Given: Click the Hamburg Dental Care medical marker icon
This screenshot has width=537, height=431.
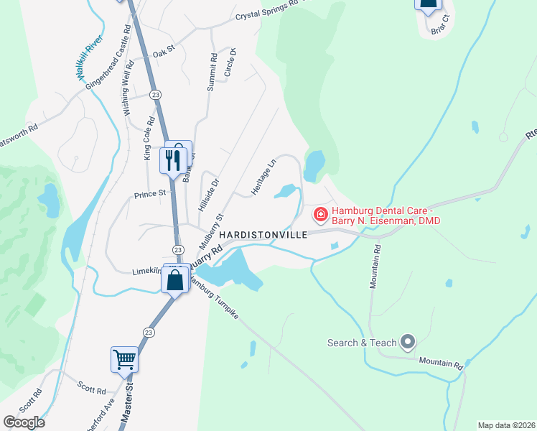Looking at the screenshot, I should pyautogui.click(x=320, y=214).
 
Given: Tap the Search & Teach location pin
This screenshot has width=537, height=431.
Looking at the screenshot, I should pyautogui.click(x=408, y=342).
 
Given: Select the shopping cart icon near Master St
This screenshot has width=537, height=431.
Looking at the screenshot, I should pyautogui.click(x=124, y=359).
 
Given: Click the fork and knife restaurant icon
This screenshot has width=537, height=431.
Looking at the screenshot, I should pyautogui.click(x=173, y=159).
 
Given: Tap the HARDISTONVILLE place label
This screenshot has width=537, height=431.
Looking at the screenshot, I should pyautogui.click(x=263, y=235).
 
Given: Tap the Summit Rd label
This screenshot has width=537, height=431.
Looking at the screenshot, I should pyautogui.click(x=212, y=73).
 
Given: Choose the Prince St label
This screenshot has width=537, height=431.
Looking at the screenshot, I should pyautogui.click(x=149, y=193).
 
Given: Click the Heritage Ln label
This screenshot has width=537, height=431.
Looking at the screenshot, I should pyautogui.click(x=263, y=176).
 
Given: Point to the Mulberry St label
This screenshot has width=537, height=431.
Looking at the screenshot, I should pyautogui.click(x=211, y=231).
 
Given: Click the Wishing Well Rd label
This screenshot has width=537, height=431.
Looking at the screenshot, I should pyautogui.click(x=127, y=89).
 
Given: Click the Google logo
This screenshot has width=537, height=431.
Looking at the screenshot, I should pyautogui.click(x=24, y=422).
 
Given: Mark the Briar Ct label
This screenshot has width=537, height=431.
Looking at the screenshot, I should pyautogui.click(x=439, y=25).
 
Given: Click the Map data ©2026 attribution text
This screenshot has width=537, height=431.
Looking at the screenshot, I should pyautogui.click(x=506, y=425).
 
